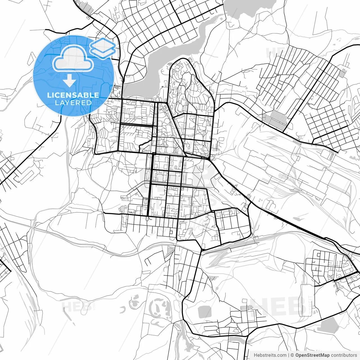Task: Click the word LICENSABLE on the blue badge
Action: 73,95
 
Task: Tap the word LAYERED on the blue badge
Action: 73,103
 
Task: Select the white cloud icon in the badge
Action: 73,58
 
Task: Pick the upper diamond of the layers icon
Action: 103,44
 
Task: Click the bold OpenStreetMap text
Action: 312,355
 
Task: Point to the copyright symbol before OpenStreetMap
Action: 292,355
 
